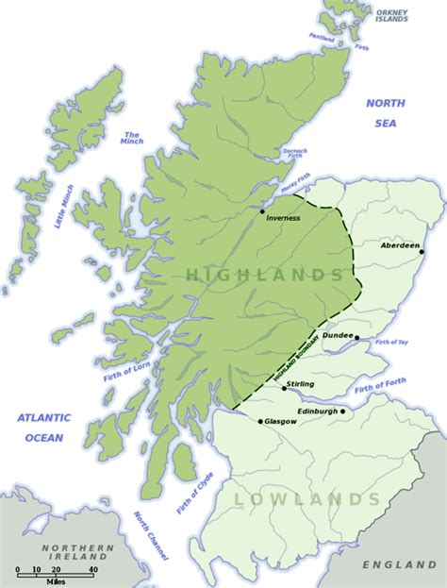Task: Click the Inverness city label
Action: [x=283, y=218]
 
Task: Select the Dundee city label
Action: [x=338, y=335]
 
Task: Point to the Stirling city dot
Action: [x=284, y=388]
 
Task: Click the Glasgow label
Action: [x=281, y=421]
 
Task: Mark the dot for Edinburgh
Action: [x=343, y=412]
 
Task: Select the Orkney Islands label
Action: [x=392, y=15]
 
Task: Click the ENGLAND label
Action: [x=397, y=564]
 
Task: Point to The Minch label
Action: [x=131, y=139]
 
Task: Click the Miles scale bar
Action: [x=56, y=571]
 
